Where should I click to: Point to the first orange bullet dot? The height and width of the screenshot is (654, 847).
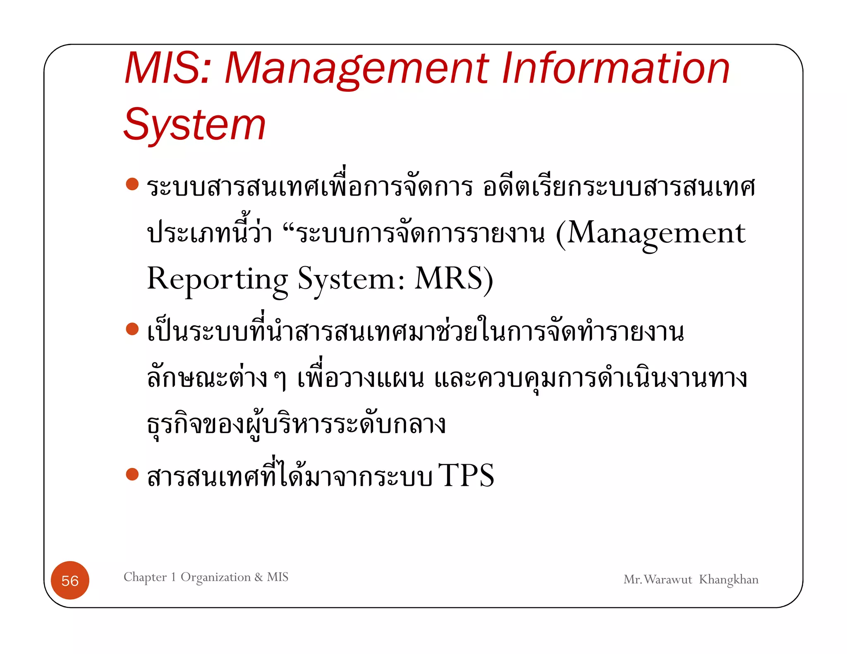[x=132, y=184]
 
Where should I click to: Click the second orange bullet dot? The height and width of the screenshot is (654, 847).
[x=132, y=329]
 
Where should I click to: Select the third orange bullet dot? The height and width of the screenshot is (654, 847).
[x=132, y=474]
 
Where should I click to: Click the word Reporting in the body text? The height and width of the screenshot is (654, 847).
[x=217, y=279]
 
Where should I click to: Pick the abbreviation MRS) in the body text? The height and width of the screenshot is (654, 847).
[x=454, y=279]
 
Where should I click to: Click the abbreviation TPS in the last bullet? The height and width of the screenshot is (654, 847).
[x=466, y=475]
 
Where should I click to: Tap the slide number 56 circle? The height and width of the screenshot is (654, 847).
[x=70, y=580]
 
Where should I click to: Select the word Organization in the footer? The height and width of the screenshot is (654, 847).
[x=215, y=577]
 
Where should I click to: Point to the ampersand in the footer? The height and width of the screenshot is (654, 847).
[x=259, y=577]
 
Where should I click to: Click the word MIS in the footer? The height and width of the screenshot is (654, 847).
[x=278, y=577]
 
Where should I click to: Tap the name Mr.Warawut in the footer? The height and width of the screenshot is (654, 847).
[x=658, y=580]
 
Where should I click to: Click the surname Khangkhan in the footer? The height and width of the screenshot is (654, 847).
[x=729, y=580]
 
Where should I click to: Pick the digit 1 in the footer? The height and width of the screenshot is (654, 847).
[x=174, y=577]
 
